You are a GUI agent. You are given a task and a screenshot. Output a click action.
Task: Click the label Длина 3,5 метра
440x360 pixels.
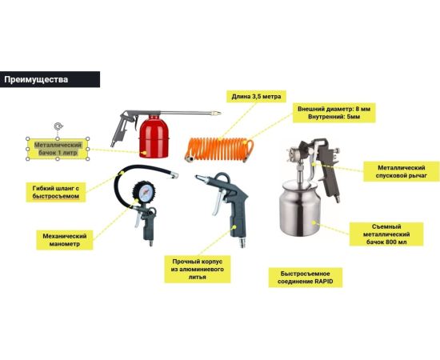coord(256,97)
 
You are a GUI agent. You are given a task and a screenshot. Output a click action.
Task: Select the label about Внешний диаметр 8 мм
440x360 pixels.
coord(334,113)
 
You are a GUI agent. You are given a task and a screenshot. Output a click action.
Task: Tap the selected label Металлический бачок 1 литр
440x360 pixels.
coord(58,149)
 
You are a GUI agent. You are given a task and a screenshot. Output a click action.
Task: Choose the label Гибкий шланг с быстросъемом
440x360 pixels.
coord(56,192)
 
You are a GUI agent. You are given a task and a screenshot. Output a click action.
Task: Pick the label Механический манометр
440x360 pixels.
coord(65,240)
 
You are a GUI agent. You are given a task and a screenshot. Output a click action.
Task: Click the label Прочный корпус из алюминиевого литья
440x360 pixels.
coord(198,269)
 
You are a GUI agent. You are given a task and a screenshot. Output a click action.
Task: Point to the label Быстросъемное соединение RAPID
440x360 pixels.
coord(306,278)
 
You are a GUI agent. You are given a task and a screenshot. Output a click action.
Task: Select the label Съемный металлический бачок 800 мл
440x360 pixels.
coord(386,234)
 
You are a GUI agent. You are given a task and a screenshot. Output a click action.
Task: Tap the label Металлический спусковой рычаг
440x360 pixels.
coord(402,171)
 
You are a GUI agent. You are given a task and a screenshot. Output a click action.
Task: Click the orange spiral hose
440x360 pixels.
coord(219,150)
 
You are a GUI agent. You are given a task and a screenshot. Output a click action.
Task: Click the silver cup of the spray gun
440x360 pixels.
coord(299,208)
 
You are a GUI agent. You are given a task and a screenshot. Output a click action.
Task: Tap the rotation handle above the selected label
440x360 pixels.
coord(58,126)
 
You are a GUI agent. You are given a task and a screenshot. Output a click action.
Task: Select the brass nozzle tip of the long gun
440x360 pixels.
coord(216,113)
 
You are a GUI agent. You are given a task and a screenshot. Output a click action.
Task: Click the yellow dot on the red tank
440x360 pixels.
coord(144,153)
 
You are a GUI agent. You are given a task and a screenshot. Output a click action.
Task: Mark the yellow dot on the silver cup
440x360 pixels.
coord(314,222)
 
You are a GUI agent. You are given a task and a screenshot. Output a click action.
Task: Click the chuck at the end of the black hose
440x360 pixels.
coord(174,176)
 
